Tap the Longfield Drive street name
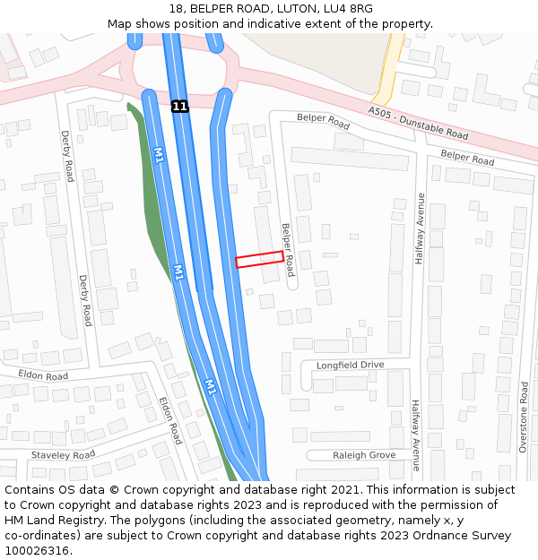[350, 365]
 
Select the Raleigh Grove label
[364, 455]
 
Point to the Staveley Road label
[63, 455]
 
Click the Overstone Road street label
[524, 417]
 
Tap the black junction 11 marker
[180, 106]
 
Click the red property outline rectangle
[259, 259]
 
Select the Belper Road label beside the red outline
[288, 249]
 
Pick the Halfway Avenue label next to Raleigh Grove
[415, 435]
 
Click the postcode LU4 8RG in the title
[348, 9]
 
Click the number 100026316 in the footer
[36, 550]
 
